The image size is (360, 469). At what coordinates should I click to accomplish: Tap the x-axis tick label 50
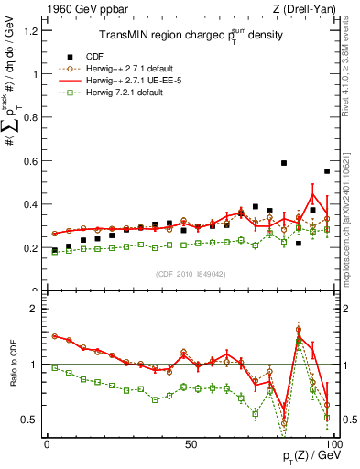[x=190, y=443]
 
